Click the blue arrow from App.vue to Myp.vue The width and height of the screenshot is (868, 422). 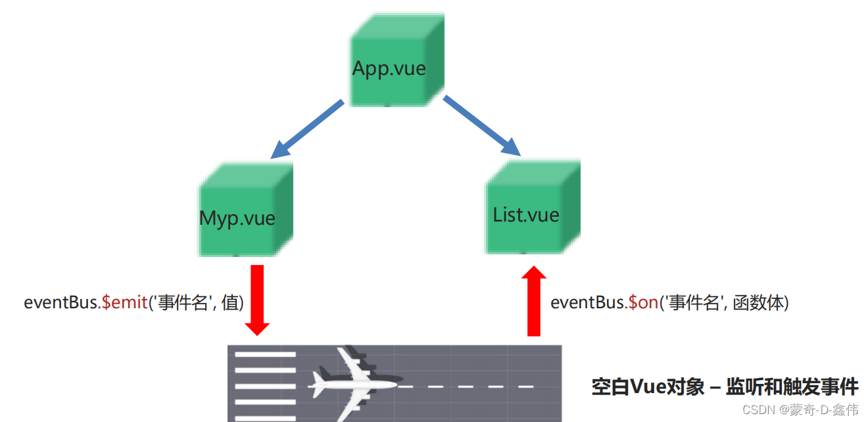306,130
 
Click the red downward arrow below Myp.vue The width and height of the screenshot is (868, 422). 257,299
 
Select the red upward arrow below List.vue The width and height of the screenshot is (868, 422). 533,302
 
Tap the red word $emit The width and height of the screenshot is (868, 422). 124,303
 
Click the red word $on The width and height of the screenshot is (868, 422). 643,303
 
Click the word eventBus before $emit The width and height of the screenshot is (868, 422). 61,303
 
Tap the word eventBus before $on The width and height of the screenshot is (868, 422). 587,303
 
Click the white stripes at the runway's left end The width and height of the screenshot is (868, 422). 265,385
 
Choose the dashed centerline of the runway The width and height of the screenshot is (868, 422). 467,387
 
